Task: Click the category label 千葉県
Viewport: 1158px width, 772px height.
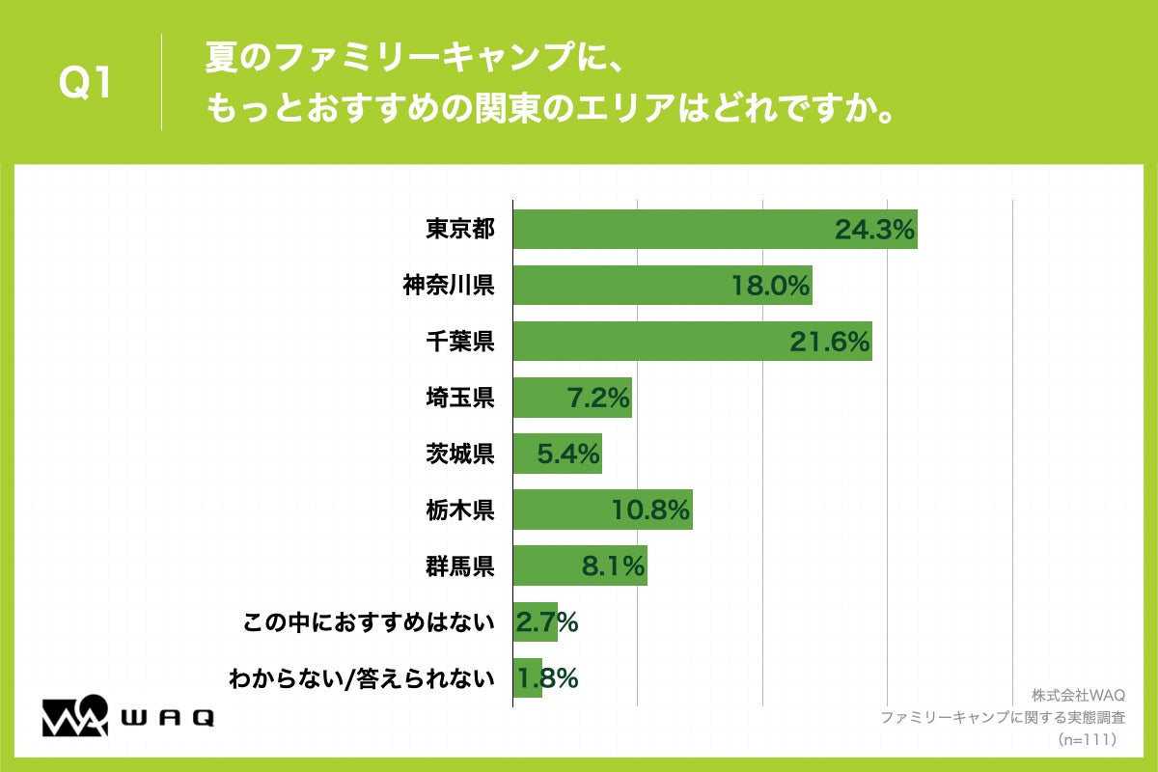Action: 460,341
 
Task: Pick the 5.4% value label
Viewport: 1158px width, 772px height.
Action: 568,453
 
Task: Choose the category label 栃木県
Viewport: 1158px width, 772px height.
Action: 460,509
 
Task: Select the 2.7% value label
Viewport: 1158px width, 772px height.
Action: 547,622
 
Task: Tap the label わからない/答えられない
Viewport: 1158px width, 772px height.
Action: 362,678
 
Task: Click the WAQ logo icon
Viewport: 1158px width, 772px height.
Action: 74,716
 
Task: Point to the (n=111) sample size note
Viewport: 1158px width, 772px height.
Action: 1087,740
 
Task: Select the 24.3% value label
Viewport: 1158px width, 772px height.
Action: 874,229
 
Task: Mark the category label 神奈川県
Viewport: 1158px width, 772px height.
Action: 449,285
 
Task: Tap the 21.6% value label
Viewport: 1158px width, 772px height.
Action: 831,341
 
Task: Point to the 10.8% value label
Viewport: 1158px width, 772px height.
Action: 650,509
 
